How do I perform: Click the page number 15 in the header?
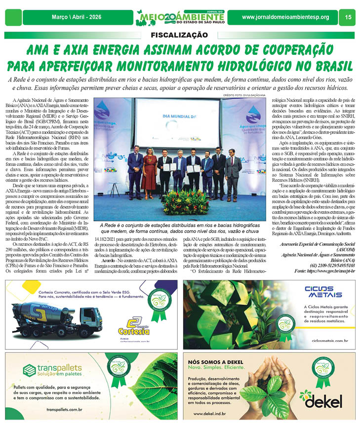tap(348, 17)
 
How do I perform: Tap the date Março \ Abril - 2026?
tap(77, 17)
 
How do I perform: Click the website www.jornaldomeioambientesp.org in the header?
tap(285, 17)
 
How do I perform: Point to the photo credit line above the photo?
tap(244, 95)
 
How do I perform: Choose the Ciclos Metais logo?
tap(323, 292)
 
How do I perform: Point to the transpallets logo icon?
tap(29, 370)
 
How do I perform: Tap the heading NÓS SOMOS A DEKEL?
tap(216, 362)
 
